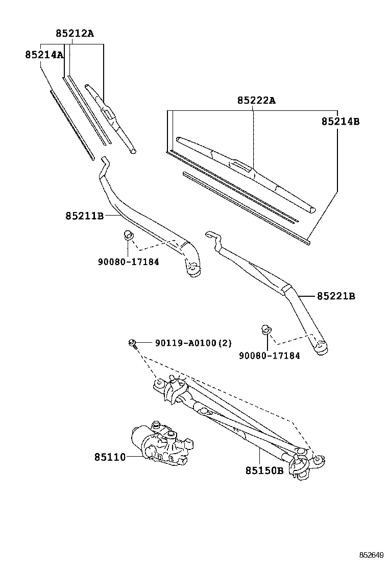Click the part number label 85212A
point(75,34)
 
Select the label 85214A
point(44,55)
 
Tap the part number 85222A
point(256,101)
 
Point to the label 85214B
point(341,122)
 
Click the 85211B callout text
point(84,216)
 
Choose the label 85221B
point(336,296)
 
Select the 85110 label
point(109,457)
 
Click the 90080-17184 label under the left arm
point(128,262)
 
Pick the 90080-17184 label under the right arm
point(269,356)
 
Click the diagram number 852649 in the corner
point(371,555)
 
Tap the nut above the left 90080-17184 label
point(128,235)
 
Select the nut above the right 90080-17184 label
point(265,329)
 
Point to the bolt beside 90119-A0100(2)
point(132,343)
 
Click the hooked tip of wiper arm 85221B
point(211,235)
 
